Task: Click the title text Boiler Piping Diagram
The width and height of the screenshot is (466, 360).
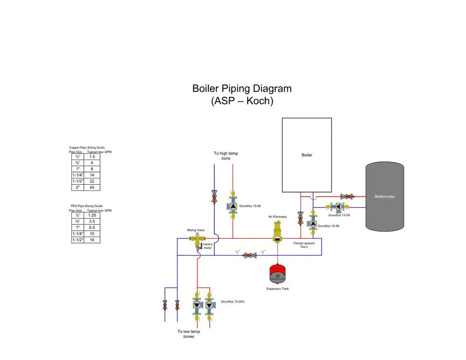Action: click(242, 89)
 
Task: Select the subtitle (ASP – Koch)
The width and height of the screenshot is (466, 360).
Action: click(242, 100)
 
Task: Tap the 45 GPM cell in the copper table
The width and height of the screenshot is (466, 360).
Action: click(92, 187)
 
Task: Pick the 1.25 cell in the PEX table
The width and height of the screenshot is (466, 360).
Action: click(92, 215)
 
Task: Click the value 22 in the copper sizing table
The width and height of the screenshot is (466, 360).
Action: click(92, 181)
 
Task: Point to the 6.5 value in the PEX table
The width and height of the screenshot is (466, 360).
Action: click(92, 228)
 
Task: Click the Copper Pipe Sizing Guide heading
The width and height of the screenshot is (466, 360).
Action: click(87, 147)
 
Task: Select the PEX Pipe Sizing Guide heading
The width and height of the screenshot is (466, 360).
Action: click(86, 206)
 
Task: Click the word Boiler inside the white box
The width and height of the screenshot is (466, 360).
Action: click(307, 155)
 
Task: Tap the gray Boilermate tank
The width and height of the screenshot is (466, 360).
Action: click(384, 196)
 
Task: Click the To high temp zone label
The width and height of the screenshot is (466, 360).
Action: click(226, 156)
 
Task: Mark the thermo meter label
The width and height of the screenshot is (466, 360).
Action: click(207, 246)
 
